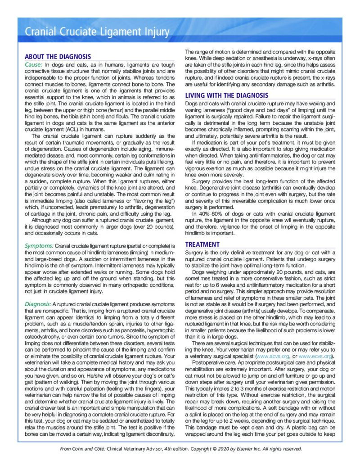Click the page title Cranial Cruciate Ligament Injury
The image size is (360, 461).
tap(97, 32)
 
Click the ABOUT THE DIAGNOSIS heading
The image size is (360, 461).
tap(58, 57)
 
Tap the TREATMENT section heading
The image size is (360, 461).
tap(202, 244)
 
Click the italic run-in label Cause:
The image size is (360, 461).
tap(34, 64)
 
